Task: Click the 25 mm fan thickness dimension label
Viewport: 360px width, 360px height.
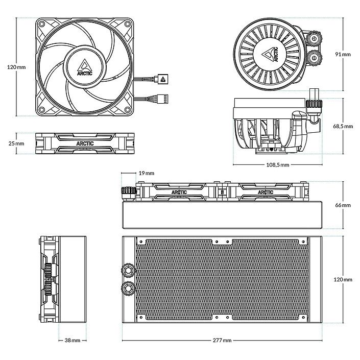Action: point(16,143)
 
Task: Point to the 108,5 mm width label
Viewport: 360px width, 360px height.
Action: point(277,165)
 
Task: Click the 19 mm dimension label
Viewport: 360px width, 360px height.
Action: point(146,174)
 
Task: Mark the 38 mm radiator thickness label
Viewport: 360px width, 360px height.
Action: point(73,340)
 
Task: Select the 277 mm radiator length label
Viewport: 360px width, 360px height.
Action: point(223,340)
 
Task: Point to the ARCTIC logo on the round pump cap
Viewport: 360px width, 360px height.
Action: point(270,55)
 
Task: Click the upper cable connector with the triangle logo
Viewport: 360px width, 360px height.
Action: point(163,79)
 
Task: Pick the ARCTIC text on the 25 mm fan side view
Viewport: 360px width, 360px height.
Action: point(85,143)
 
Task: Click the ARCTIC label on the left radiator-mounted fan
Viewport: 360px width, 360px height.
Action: point(179,193)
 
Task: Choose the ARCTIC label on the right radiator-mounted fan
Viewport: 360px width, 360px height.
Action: point(266,193)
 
